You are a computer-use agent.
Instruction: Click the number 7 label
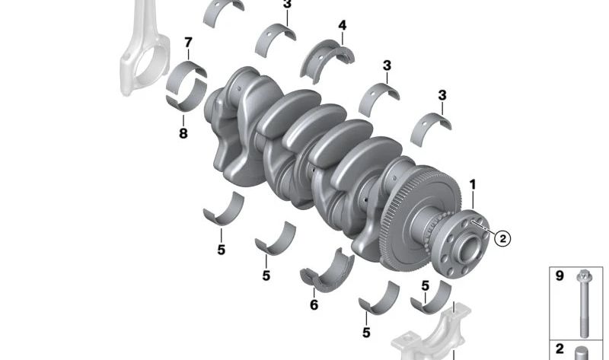(188, 42)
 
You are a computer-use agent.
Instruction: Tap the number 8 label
(183, 134)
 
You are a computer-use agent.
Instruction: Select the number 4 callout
(342, 25)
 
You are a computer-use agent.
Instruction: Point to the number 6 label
(314, 305)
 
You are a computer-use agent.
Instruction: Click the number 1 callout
(473, 185)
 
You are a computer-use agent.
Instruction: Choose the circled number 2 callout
(502, 238)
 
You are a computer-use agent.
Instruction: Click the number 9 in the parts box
(560, 276)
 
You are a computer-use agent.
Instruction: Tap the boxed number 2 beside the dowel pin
(560, 349)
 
